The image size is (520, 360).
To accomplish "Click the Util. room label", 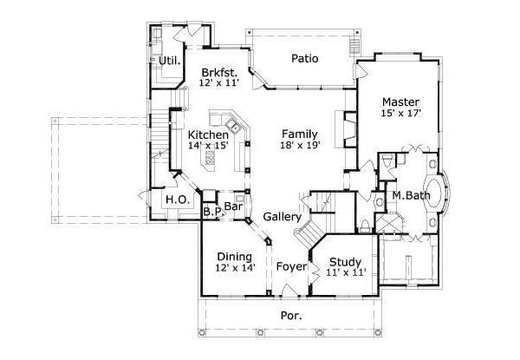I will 171,60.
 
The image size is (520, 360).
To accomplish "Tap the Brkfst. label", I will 218,72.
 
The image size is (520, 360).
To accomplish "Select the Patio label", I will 304,59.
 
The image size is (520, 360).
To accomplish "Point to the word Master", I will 400,101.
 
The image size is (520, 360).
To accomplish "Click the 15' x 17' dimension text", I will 400,114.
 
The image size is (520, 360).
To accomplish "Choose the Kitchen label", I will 208,134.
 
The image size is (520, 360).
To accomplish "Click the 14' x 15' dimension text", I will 208,146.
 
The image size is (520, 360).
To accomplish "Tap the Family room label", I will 299,134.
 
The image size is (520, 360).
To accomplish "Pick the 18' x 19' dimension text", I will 299,146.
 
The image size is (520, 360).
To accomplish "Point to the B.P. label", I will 211,211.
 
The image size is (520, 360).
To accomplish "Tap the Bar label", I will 233,206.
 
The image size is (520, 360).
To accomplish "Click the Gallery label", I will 282,216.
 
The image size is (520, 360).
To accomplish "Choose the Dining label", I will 234,257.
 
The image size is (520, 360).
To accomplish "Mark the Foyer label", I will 291,266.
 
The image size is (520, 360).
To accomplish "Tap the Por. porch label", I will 291,316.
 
